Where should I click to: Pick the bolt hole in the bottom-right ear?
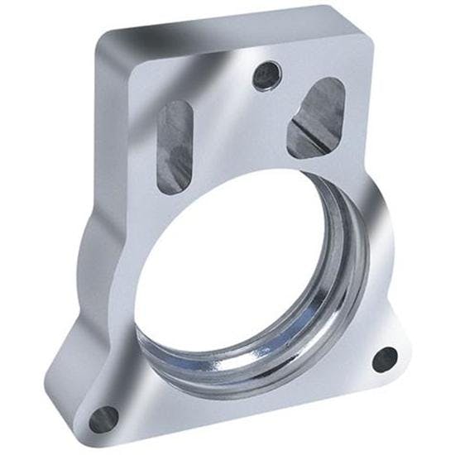point(385,358)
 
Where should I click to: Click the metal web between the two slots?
point(240,124)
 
